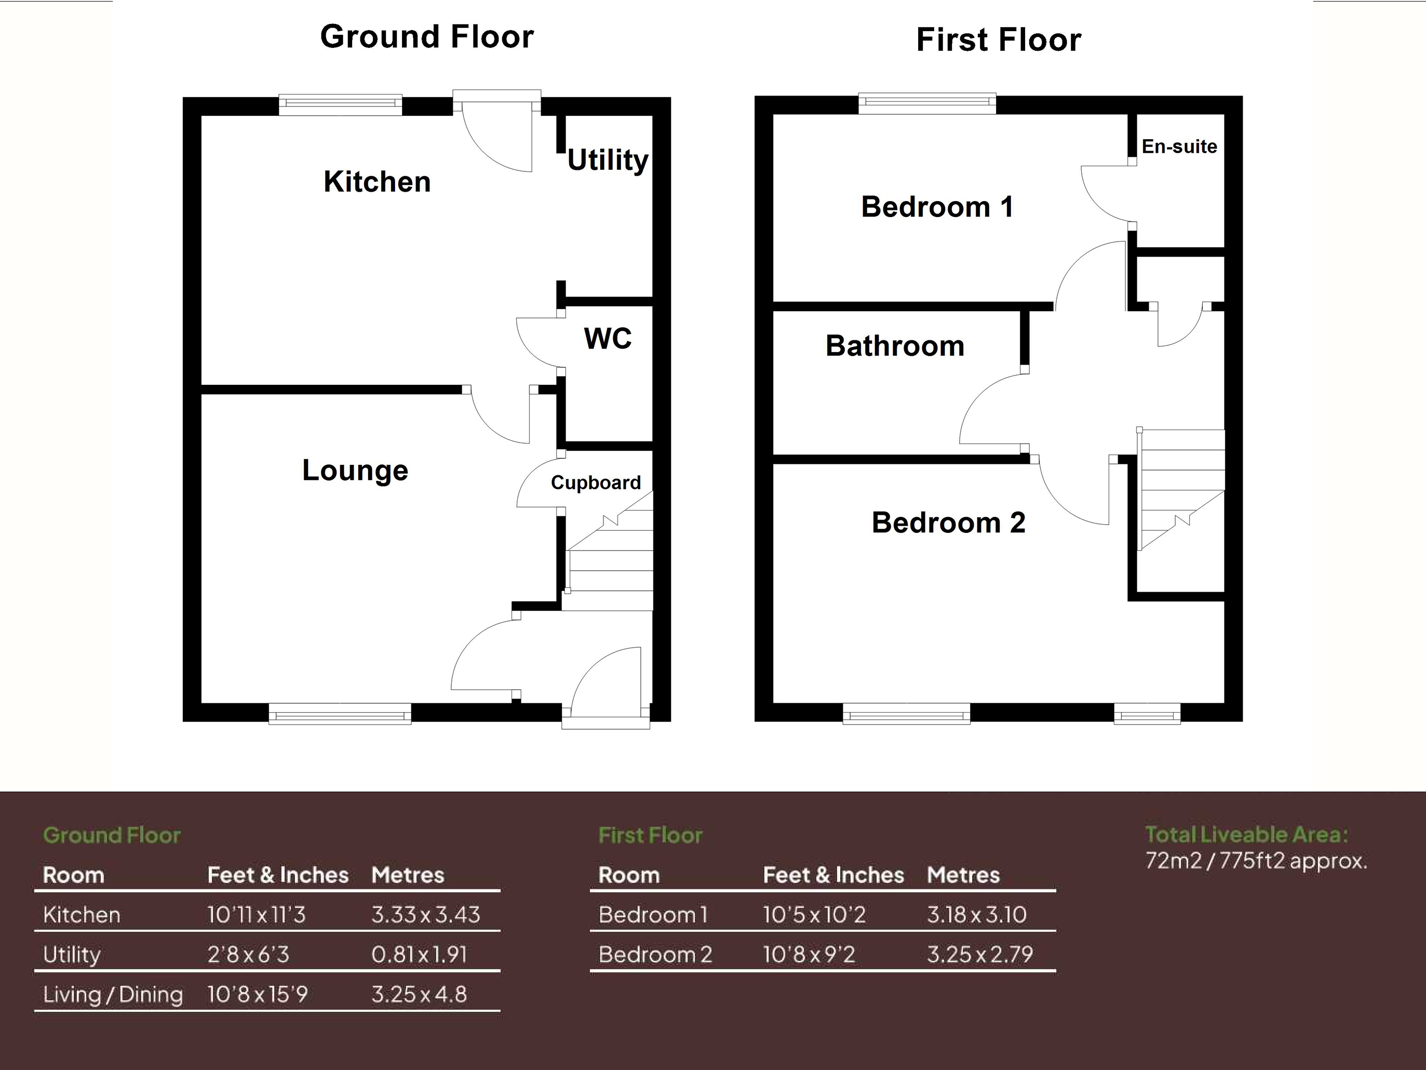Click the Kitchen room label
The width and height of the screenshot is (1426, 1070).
tap(377, 182)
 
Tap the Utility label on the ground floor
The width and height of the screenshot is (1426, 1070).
tap(607, 160)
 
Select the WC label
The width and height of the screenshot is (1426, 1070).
tap(607, 339)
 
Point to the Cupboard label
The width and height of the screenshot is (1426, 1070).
tap(596, 483)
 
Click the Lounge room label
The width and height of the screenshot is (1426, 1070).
tap(355, 471)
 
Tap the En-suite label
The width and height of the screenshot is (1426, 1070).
tap(1179, 146)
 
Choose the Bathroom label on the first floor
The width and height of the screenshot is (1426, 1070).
tap(895, 346)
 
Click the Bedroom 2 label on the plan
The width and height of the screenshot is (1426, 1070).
tap(948, 523)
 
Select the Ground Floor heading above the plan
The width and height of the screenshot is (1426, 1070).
tap(427, 37)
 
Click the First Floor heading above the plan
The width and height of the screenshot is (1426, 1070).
tap(999, 40)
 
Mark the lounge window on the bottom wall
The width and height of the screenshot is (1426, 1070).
tap(340, 715)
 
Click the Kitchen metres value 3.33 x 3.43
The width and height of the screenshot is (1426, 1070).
tap(425, 915)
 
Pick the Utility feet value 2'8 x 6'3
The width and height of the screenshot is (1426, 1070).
tap(248, 955)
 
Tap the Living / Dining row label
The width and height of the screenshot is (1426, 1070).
tap(113, 995)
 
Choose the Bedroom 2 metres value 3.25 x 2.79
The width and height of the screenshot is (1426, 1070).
tap(980, 955)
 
